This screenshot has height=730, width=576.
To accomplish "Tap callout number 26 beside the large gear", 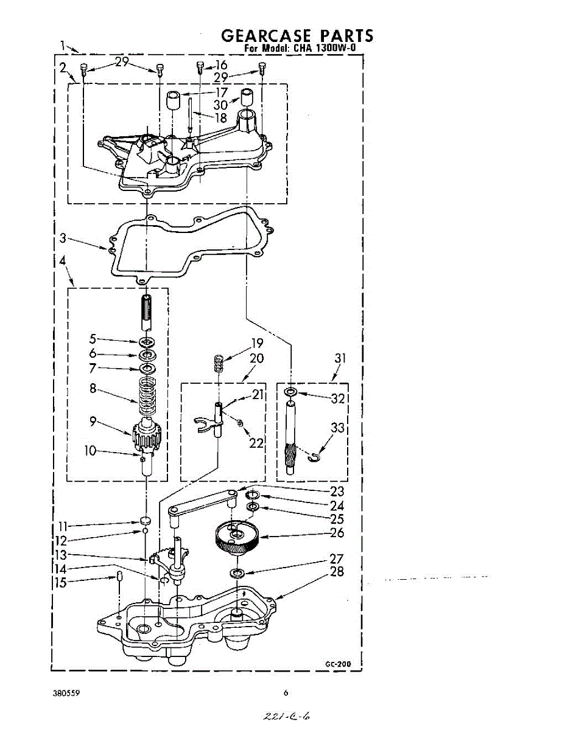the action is (x=337, y=533).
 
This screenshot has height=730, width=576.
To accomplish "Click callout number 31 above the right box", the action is (x=340, y=359).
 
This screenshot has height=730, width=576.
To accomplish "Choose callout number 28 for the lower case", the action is (x=337, y=571).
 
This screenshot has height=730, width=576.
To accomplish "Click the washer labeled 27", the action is (x=237, y=573).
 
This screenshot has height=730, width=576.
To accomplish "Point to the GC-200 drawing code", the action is (x=338, y=663).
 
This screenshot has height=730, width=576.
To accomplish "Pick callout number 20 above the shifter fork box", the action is (x=256, y=358).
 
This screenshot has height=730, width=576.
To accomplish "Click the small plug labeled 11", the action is (x=145, y=521).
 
